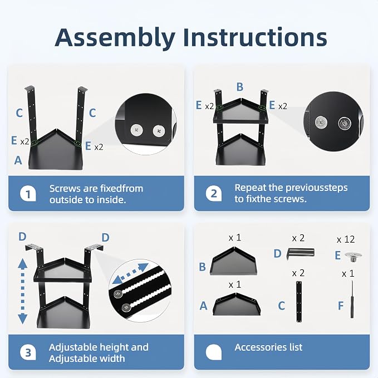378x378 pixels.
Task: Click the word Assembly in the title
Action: (115, 38)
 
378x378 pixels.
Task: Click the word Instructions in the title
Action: (255, 37)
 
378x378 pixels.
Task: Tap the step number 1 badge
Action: (28, 194)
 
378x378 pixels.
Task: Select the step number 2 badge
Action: (214, 193)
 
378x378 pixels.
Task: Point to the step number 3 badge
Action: (28, 352)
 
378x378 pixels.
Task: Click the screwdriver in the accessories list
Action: (352, 299)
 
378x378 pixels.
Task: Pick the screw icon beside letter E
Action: (353, 257)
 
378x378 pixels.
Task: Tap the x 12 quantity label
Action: (346, 239)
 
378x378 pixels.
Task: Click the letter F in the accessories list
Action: (341, 306)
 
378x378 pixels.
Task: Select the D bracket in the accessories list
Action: (301, 253)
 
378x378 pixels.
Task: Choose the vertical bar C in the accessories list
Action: (299, 302)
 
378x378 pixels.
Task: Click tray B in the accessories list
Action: (233, 261)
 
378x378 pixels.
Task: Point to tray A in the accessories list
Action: (236, 304)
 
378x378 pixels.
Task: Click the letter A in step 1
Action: (18, 160)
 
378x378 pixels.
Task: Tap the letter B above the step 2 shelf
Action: (240, 87)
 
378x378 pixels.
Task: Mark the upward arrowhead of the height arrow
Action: (23, 263)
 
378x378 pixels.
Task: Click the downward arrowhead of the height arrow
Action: (23, 319)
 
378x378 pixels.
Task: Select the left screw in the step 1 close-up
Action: (137, 130)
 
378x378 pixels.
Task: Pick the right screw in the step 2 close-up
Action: (345, 123)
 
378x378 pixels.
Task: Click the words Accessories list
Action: (268, 347)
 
